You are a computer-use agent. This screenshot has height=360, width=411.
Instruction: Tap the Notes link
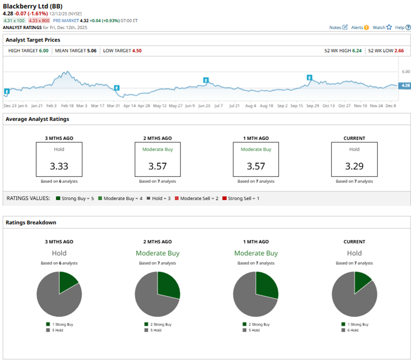point(338,27)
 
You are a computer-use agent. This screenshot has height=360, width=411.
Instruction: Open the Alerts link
point(360,27)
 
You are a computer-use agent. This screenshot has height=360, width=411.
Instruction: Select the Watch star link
point(382,27)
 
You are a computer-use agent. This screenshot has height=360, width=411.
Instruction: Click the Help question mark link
point(403,27)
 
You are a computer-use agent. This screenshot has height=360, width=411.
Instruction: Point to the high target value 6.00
point(43,51)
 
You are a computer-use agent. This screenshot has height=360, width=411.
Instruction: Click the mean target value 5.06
point(91,51)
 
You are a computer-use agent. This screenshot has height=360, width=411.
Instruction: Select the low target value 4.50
point(136,51)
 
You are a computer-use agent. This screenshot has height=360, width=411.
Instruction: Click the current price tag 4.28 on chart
point(405,86)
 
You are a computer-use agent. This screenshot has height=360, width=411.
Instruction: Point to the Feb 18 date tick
point(67,106)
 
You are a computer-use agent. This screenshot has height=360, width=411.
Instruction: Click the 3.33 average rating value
point(59,166)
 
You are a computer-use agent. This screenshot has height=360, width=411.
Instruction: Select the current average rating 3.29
point(354,166)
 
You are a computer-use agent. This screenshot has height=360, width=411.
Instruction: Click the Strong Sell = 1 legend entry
point(241,198)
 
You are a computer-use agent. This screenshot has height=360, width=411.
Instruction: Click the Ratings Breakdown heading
point(31,222)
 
